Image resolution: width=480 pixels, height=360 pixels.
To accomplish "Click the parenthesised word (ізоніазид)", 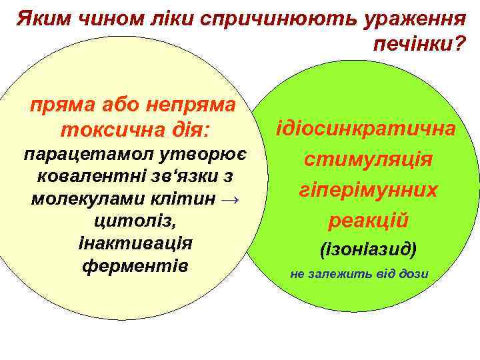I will (368, 250).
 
